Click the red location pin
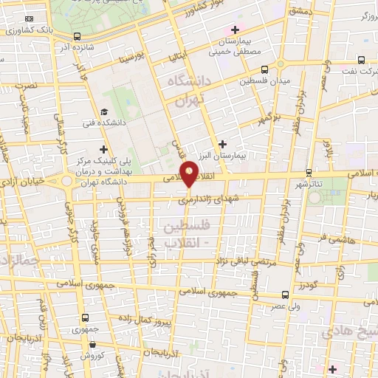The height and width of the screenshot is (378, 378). pyautogui.click(x=190, y=172)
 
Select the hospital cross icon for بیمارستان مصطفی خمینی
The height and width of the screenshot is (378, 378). pyautogui.click(x=235, y=30)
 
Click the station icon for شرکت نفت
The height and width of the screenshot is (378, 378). pyautogui.click(x=361, y=62)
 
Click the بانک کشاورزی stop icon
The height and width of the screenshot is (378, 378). pyautogui.click(x=29, y=17)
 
